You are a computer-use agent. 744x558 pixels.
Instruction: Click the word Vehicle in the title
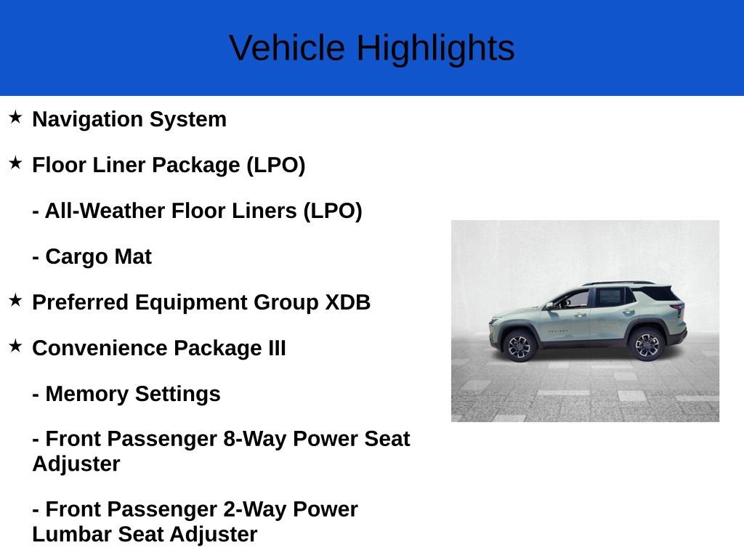point(287,47)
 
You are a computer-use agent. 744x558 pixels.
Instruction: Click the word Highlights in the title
point(436,49)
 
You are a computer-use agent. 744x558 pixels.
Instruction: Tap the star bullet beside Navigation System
point(15,117)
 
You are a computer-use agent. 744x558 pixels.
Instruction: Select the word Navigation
point(87,120)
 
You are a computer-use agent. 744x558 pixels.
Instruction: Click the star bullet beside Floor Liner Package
point(15,163)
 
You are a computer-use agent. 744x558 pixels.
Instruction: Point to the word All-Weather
point(105,211)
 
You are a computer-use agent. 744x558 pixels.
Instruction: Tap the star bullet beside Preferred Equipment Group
point(15,300)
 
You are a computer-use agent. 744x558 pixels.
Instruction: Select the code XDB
point(347,303)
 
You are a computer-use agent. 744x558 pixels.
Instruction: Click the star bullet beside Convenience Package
point(15,346)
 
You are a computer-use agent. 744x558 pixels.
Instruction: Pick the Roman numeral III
point(277,348)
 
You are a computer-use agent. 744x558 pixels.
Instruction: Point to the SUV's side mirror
point(550,306)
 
